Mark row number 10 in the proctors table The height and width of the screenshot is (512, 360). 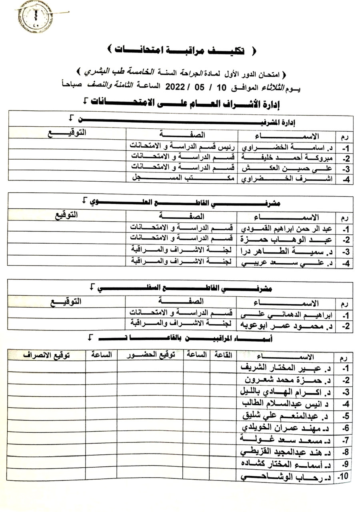pos(343,477)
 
